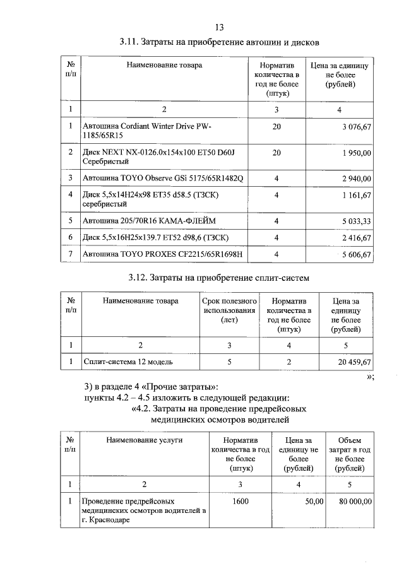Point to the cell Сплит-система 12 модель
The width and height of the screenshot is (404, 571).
coord(128,362)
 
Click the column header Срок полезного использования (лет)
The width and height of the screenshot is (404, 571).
coord(229,310)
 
